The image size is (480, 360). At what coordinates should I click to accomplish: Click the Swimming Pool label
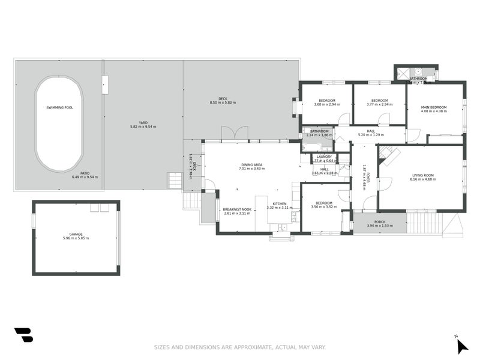pyautogui.click(x=59, y=107)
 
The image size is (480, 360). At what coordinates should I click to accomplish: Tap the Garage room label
pyautogui.click(x=76, y=234)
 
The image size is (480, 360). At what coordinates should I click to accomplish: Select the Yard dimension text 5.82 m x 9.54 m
pyautogui.click(x=143, y=127)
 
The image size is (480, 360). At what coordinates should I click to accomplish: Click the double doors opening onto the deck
pyautogui.click(x=234, y=133)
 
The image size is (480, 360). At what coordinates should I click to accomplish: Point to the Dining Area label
pyautogui.click(x=251, y=164)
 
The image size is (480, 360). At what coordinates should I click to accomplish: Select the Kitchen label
pyautogui.click(x=280, y=203)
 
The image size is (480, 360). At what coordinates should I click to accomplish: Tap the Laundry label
pyautogui.click(x=324, y=157)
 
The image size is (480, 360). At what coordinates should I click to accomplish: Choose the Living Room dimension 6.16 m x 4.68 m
pyautogui.click(x=422, y=179)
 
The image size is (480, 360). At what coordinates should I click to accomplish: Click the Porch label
pyautogui.click(x=379, y=221)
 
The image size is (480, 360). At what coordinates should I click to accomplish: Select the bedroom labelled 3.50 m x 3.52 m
pyautogui.click(x=324, y=207)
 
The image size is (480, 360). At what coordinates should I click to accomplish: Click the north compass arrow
pyautogui.click(x=461, y=346)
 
